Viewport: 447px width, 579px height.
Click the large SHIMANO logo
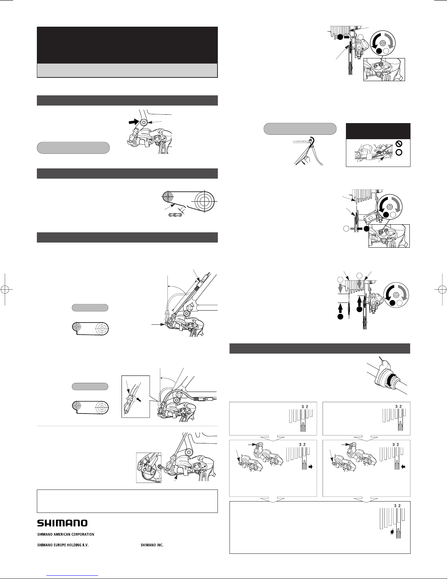tap(62, 523)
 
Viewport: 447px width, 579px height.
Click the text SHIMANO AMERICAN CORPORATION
tap(66, 534)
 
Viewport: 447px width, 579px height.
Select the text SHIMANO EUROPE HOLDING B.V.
tap(63, 545)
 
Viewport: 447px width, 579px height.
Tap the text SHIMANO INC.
tap(152, 545)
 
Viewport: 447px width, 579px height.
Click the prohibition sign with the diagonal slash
tap(399, 144)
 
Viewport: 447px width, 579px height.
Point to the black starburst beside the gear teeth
tap(392, 533)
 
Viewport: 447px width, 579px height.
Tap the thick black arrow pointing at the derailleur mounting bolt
tap(134, 122)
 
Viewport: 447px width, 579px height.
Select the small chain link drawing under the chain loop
tap(176, 215)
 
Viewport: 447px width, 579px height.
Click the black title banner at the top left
tap(127, 45)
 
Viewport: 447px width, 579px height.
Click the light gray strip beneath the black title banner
tap(127, 71)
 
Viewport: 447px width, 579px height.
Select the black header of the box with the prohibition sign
tap(378, 131)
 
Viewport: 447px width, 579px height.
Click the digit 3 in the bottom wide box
tap(396, 506)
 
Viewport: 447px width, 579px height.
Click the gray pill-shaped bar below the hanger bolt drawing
tap(73, 148)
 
